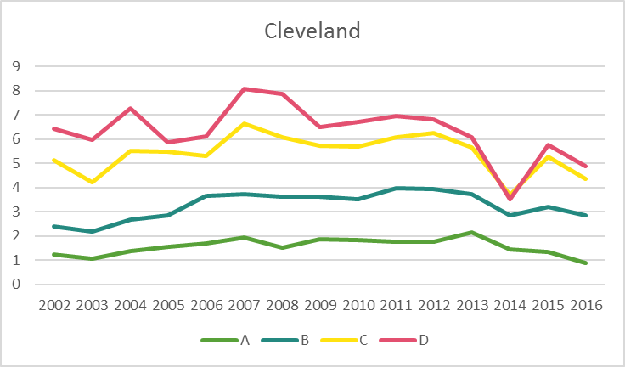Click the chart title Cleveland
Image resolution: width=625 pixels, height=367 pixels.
(312, 31)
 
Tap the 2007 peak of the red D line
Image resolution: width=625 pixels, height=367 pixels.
(245, 88)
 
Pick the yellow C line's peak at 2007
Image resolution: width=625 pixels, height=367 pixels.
(245, 123)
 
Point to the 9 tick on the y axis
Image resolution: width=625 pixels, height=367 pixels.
(15, 66)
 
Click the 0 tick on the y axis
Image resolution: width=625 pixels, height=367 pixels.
(15, 285)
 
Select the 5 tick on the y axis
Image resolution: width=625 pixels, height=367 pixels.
(15, 163)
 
